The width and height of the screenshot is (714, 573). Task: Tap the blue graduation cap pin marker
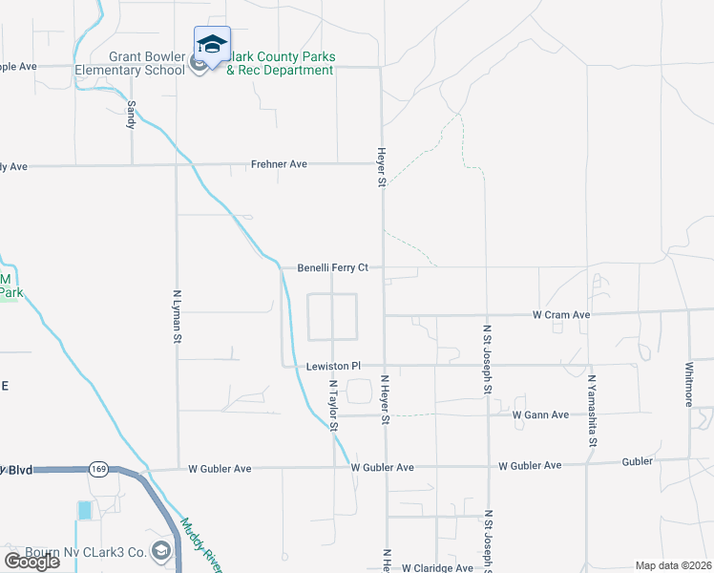[x=212, y=45]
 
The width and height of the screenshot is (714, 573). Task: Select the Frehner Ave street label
[x=279, y=164]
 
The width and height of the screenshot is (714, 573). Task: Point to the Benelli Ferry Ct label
[x=332, y=267]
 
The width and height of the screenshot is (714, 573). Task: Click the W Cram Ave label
[x=561, y=314]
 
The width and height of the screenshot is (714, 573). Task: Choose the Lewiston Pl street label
[x=333, y=366]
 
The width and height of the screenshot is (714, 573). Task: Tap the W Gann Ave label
[x=540, y=414]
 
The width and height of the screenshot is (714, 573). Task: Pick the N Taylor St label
[x=334, y=406]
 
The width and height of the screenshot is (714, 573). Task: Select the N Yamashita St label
[x=592, y=411]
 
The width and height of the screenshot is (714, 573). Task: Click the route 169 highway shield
[x=99, y=469]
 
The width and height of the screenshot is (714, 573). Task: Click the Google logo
[x=31, y=562]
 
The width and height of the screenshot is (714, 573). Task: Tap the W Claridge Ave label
[x=436, y=567]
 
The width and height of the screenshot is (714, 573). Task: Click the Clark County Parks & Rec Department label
[x=280, y=63]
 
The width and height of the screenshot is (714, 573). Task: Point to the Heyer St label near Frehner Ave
[x=381, y=166]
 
